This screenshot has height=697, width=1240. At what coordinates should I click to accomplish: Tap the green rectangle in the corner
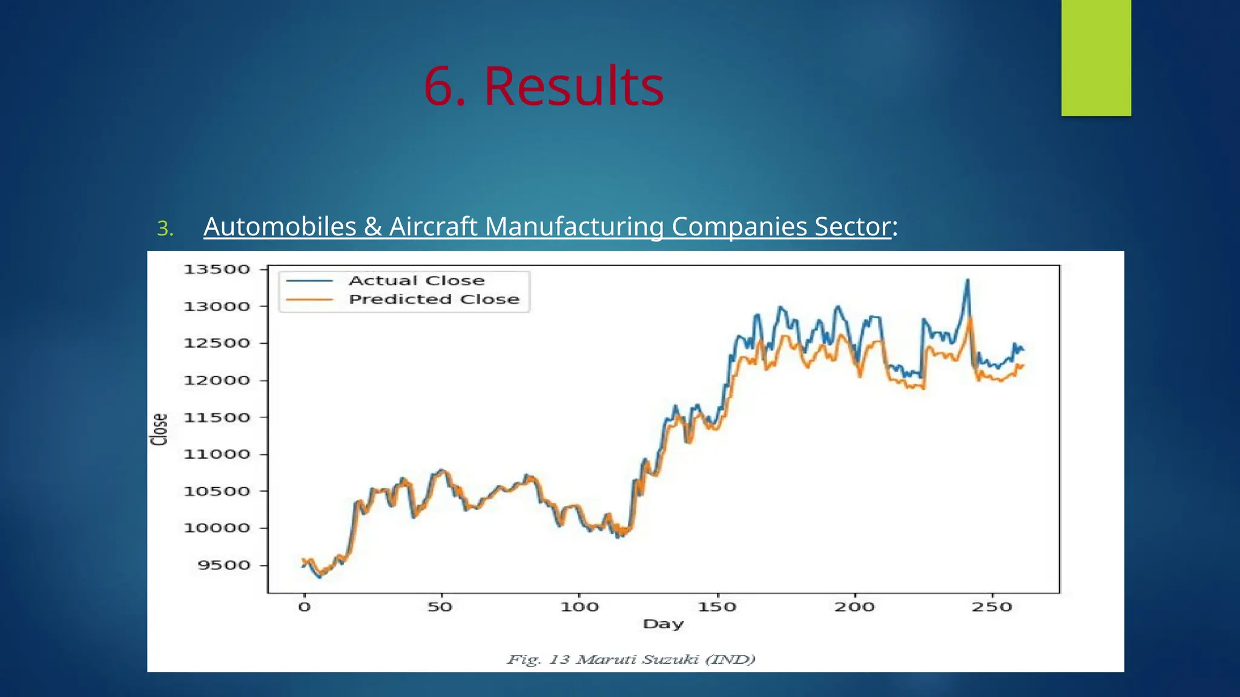click(x=1096, y=57)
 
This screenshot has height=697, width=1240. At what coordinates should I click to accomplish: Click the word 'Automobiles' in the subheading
click(x=280, y=227)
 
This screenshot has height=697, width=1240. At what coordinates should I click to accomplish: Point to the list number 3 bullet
click(x=165, y=229)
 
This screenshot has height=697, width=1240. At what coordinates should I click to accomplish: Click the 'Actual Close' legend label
click(x=417, y=281)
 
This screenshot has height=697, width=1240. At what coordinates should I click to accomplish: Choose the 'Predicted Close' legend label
click(x=434, y=299)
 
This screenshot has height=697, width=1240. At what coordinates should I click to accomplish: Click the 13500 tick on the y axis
click(x=217, y=269)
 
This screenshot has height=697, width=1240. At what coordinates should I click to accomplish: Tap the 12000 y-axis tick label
click(x=217, y=381)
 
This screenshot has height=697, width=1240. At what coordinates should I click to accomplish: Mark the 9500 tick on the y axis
click(x=223, y=565)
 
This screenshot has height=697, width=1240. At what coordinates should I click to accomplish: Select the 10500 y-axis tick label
click(x=217, y=491)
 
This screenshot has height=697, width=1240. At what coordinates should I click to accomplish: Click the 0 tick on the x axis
click(x=304, y=607)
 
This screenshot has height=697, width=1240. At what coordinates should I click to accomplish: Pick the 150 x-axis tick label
click(x=717, y=607)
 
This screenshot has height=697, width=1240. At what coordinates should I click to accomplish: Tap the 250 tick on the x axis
click(x=992, y=607)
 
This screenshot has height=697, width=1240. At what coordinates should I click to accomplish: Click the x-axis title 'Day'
click(x=663, y=624)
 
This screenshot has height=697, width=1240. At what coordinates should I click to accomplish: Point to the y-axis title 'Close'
click(x=159, y=430)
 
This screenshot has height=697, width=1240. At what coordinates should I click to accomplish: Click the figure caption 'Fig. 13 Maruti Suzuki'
click(x=631, y=659)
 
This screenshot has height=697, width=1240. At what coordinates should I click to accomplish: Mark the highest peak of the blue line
click(x=968, y=280)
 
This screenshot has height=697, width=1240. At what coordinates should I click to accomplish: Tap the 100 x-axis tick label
click(x=579, y=607)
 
